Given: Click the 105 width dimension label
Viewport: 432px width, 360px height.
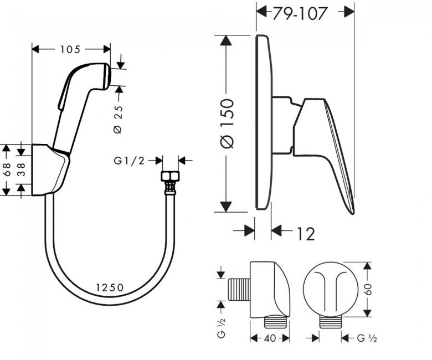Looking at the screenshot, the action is tap(70, 49).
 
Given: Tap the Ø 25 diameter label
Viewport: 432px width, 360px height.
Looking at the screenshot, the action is tap(118, 119).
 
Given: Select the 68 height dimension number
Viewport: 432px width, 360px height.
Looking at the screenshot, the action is tap(7, 169).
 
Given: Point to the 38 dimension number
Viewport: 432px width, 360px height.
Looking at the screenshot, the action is tap(22, 169).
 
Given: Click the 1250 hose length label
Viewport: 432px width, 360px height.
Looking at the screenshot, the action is tap(110, 287).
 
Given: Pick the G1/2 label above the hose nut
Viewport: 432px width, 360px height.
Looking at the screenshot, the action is tap(129, 161).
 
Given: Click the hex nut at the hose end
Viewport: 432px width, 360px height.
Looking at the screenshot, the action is tap(170, 176).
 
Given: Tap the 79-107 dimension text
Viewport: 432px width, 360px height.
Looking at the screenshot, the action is tap(300, 13).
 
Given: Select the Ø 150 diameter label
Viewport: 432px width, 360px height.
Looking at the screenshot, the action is tap(227, 123).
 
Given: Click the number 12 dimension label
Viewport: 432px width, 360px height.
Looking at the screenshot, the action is tap(306, 234).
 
